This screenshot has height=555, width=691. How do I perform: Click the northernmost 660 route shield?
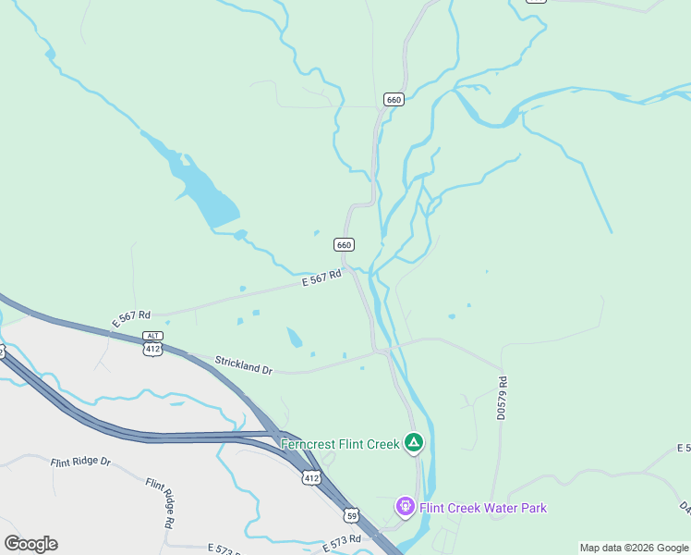pos(394,99)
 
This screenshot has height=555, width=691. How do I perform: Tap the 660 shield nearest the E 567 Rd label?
pos(344,244)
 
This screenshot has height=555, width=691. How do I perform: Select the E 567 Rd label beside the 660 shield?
pos(322,277)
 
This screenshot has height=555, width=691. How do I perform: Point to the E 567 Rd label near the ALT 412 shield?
pos(131,318)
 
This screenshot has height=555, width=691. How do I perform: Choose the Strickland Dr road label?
pos(244,364)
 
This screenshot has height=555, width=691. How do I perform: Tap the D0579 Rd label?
pos(503,399)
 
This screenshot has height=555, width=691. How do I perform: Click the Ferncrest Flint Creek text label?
pos(340,444)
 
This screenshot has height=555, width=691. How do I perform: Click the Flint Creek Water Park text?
pos(483,507)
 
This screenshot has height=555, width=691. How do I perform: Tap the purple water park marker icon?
pos(405,507)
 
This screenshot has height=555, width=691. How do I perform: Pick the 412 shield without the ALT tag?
pos(310,477)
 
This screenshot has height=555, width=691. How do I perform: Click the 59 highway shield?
pos(351,515)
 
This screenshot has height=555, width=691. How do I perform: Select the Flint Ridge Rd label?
pos(159,503)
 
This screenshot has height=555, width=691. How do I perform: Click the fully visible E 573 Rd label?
pos(342,544)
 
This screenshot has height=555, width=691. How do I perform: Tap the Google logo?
pos(30,544)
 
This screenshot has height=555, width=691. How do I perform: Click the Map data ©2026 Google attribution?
pos(634,548)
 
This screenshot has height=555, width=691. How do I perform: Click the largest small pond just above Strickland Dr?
pos(294,338)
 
